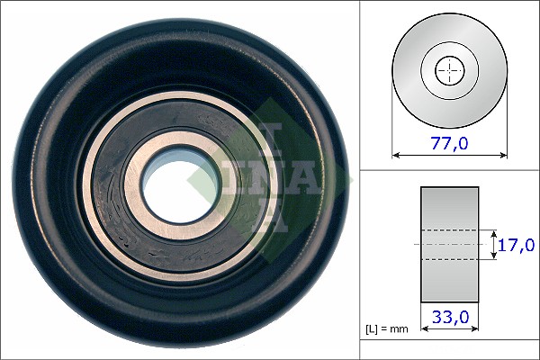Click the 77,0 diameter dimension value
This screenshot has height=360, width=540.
[x=449, y=142]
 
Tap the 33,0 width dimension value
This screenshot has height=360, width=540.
[x=451, y=317]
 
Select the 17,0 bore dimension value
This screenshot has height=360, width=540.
[x=517, y=245]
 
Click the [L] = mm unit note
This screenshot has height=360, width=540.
[x=386, y=329]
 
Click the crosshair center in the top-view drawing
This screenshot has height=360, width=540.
[x=450, y=71]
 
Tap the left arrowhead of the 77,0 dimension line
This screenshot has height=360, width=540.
[x=396, y=156]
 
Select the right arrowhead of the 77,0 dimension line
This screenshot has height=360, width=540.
[x=503, y=156]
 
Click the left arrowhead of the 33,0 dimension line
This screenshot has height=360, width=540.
[x=424, y=328]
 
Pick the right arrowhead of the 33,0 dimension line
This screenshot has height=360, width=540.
[x=474, y=328]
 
